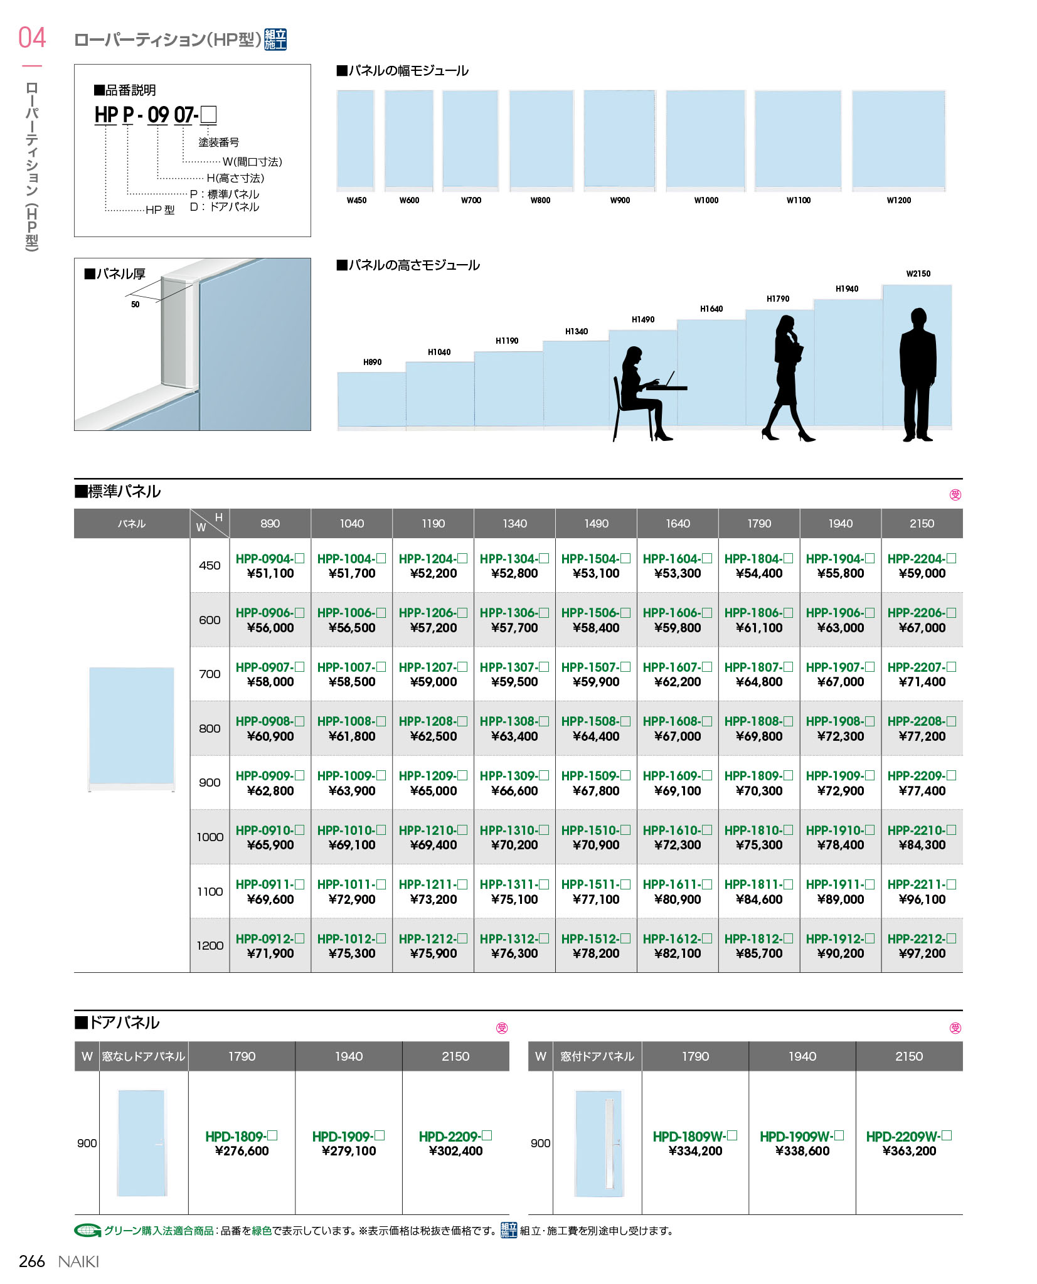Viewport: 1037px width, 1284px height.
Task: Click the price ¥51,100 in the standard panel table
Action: click(x=270, y=573)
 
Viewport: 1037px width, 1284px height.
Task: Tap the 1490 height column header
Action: click(x=596, y=524)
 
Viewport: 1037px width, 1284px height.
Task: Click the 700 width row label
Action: click(x=210, y=674)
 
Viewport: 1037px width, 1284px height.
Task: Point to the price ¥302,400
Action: click(x=455, y=1151)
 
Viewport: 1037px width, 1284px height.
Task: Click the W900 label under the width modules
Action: click(x=620, y=201)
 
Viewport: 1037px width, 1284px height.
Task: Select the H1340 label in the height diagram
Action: click(x=577, y=332)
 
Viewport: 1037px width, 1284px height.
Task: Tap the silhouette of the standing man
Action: click(x=918, y=374)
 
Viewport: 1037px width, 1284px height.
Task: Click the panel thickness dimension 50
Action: click(x=136, y=305)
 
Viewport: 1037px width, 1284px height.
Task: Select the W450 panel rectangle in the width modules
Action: click(x=356, y=140)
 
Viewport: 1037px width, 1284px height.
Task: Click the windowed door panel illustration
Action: click(x=598, y=1143)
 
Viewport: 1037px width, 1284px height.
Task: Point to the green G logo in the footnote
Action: click(x=87, y=1231)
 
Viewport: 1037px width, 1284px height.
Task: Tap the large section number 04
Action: click(x=32, y=38)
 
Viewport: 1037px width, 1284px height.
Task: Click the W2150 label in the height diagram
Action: click(x=918, y=274)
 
